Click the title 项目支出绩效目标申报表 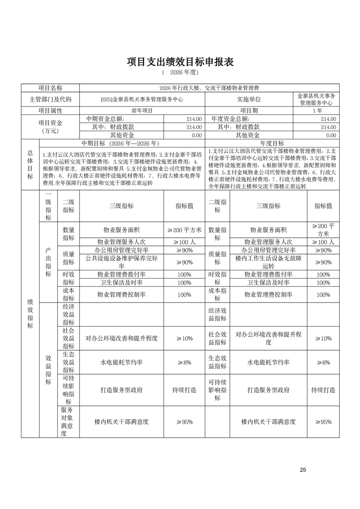[180, 62]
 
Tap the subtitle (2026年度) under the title [180, 73]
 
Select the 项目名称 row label [50, 88]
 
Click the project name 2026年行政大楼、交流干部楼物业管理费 [209, 88]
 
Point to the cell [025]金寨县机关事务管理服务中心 [142, 99]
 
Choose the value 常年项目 [142, 110]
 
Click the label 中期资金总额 [102, 118]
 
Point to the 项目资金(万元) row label [50, 127]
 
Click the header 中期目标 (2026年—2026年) [122, 142]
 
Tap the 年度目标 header [272, 142]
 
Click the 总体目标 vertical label [30, 165]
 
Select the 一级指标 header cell [48, 206]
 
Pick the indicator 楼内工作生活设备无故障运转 [268, 262]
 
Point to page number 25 [303, 470]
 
